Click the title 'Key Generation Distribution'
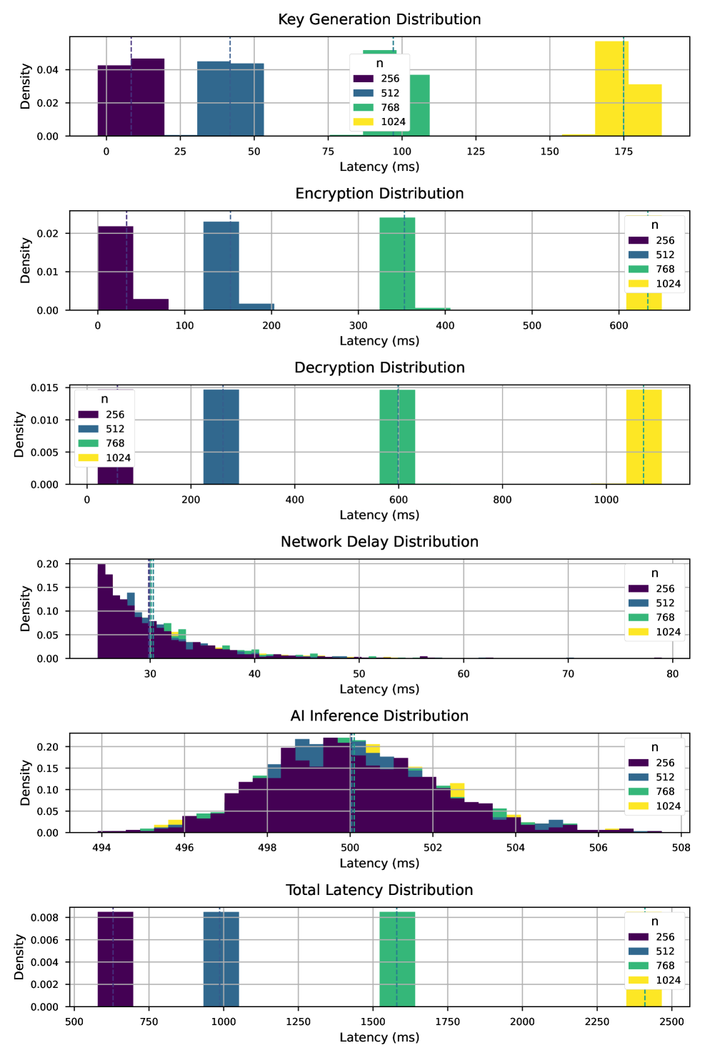[379, 19]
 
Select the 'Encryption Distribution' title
[379, 194]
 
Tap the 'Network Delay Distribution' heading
[379, 542]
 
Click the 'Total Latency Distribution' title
[379, 890]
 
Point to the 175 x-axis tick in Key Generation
[624, 151]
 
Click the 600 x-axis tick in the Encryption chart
[619, 325]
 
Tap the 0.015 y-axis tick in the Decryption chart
[44, 387]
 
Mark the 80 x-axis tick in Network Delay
[672, 673]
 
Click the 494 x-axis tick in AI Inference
[101, 848]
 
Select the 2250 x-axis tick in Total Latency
[597, 1022]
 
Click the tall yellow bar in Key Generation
[611, 89]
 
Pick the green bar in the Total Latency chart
[397, 959]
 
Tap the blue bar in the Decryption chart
[221, 437]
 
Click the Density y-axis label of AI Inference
[26, 783]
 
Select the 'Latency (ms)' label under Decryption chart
[379, 515]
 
